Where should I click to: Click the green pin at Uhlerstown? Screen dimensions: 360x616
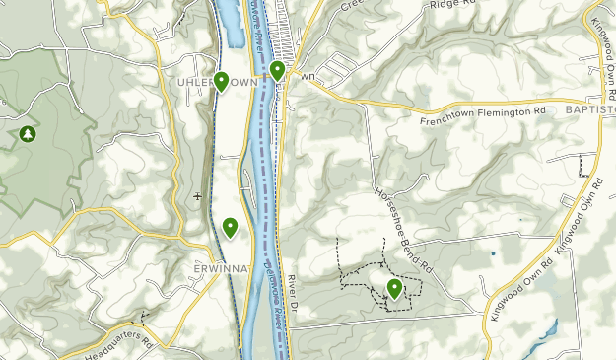pyautogui.click(x=221, y=81)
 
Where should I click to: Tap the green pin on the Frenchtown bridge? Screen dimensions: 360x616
pyautogui.click(x=279, y=70)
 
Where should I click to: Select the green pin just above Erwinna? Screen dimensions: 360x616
pyautogui.click(x=230, y=227)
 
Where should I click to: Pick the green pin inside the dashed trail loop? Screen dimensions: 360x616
pyautogui.click(x=395, y=288)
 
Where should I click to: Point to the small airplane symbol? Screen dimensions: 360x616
pyautogui.click(x=198, y=196)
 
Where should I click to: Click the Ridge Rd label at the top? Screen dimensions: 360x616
pyautogui.click(x=454, y=6)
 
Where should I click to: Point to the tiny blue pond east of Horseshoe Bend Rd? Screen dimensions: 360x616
pyautogui.click(x=492, y=253)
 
